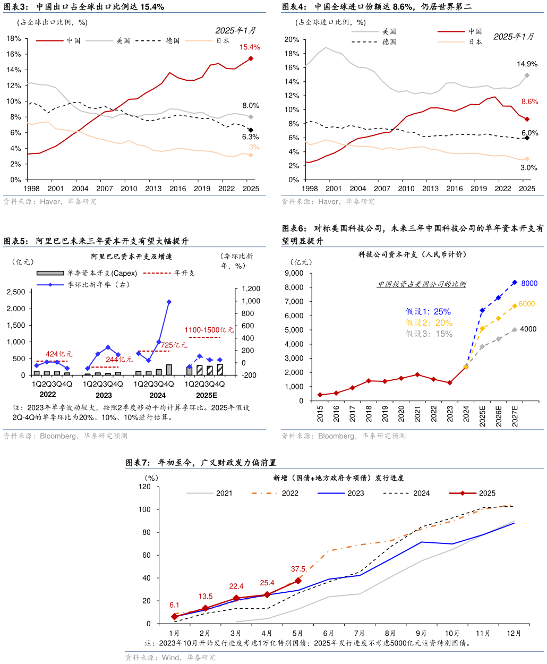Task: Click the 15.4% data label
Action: (249, 47)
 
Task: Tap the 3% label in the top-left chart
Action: (254, 147)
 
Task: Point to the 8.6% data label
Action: (529, 101)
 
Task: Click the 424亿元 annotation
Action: (59, 354)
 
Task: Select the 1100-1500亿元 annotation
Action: (209, 330)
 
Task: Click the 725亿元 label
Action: (174, 345)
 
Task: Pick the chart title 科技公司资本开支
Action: (412, 254)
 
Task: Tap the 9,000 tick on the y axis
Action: (294, 273)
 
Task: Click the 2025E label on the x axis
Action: (482, 414)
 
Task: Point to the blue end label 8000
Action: (529, 283)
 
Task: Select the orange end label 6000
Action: (527, 304)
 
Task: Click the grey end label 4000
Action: (528, 329)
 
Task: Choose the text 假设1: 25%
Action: (428, 311)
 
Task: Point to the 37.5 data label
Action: (298, 569)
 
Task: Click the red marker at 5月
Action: (298, 581)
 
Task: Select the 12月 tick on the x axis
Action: (514, 633)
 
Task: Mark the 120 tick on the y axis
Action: (145, 487)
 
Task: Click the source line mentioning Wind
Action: (170, 658)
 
